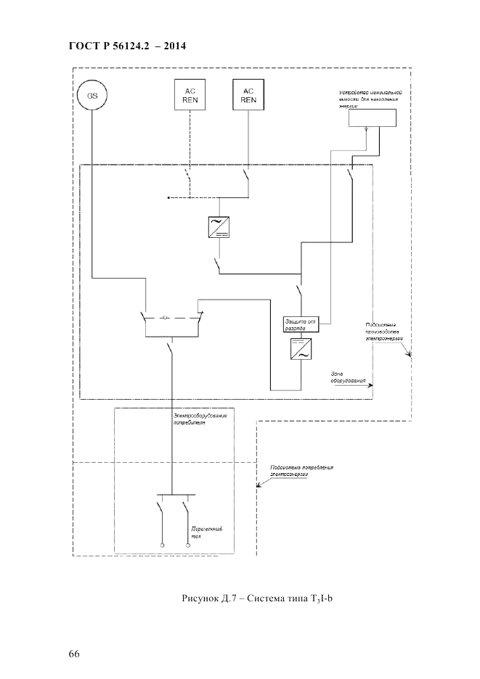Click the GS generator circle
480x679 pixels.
pos(93,95)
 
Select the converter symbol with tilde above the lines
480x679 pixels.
pos(218,227)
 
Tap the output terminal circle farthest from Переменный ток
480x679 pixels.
pos(162,545)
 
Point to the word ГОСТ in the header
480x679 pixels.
pos(86,46)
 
